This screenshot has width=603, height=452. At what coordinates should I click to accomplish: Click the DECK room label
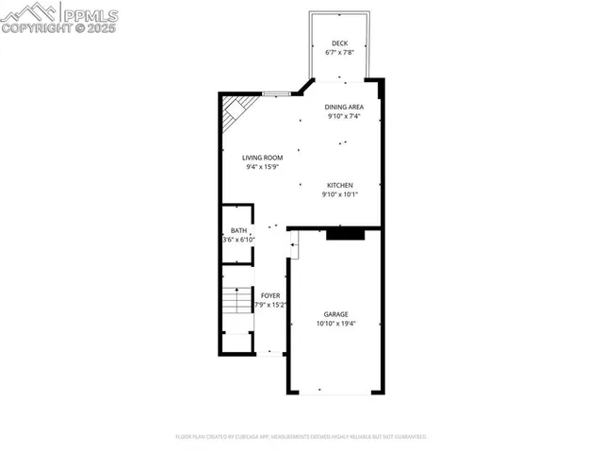pyautogui.click(x=338, y=43)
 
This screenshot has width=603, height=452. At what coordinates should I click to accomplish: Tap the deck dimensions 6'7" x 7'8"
pyautogui.click(x=338, y=53)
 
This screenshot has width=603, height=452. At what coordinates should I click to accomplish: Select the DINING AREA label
pyautogui.click(x=345, y=108)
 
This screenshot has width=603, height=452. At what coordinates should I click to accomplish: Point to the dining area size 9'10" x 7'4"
pyautogui.click(x=345, y=117)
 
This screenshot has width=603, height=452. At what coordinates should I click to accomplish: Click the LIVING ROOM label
pyautogui.click(x=262, y=158)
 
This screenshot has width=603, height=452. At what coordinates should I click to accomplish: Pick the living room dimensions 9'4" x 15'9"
pyautogui.click(x=262, y=167)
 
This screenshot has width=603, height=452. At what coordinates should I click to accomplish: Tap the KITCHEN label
pyautogui.click(x=340, y=185)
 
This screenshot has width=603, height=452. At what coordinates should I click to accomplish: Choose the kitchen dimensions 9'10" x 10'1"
pyautogui.click(x=340, y=194)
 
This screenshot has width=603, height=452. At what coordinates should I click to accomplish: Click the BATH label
pyautogui.click(x=238, y=230)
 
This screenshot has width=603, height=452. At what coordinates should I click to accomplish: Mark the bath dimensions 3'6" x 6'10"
pyautogui.click(x=238, y=240)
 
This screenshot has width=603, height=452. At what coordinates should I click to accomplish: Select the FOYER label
pyautogui.click(x=270, y=295)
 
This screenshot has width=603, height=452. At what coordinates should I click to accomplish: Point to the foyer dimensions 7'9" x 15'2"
pyautogui.click(x=270, y=305)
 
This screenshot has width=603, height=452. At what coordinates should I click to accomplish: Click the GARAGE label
pyautogui.click(x=336, y=314)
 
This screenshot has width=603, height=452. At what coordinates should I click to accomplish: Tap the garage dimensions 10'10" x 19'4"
pyautogui.click(x=336, y=324)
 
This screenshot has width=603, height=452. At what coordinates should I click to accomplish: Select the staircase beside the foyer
pyautogui.click(x=237, y=303)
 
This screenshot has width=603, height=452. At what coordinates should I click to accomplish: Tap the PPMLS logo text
pyautogui.click(x=90, y=14)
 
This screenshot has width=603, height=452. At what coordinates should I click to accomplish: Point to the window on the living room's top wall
pyautogui.click(x=276, y=93)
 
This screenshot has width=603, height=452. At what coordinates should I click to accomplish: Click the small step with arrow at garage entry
pyautogui.click(x=293, y=249)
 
